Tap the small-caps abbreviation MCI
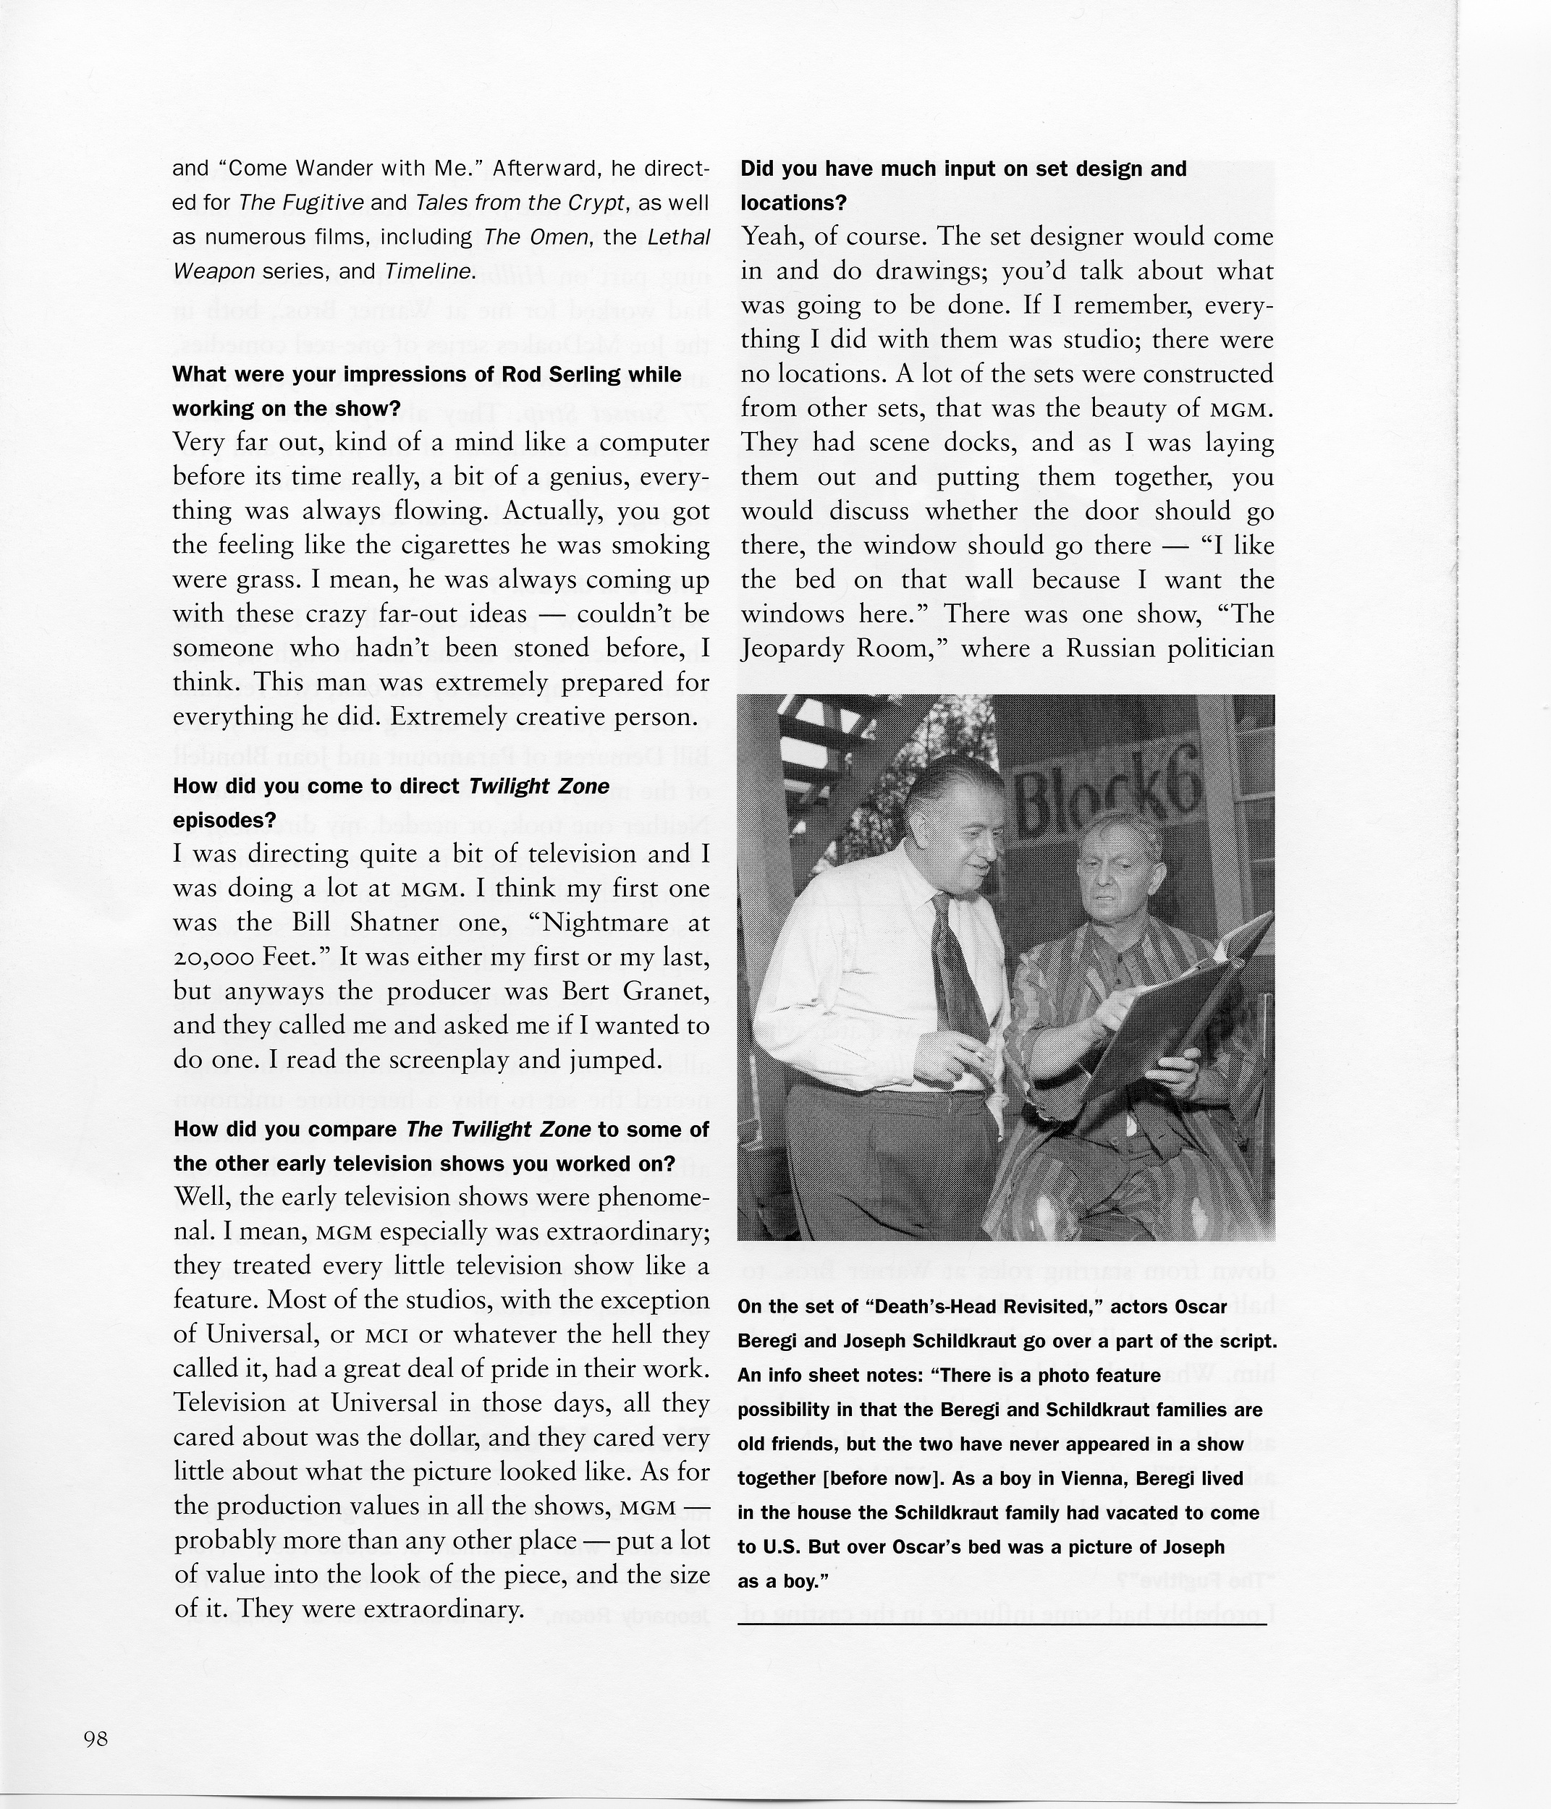pyautogui.click(x=381, y=1336)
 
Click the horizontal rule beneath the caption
pyautogui.click(x=1002, y=1624)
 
